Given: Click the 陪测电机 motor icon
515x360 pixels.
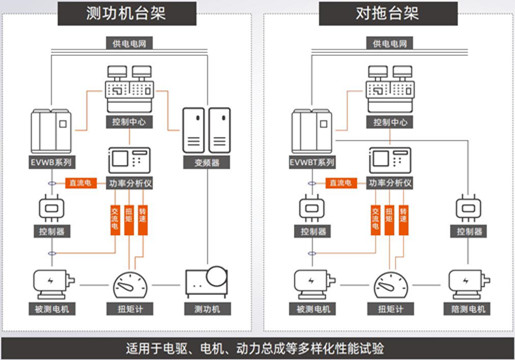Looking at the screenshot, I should [467, 282].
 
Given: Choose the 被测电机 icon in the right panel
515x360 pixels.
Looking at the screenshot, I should [308, 282].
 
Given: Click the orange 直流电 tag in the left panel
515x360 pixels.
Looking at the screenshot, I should [79, 184].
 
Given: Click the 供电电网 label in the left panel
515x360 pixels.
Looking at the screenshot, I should [125, 43].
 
